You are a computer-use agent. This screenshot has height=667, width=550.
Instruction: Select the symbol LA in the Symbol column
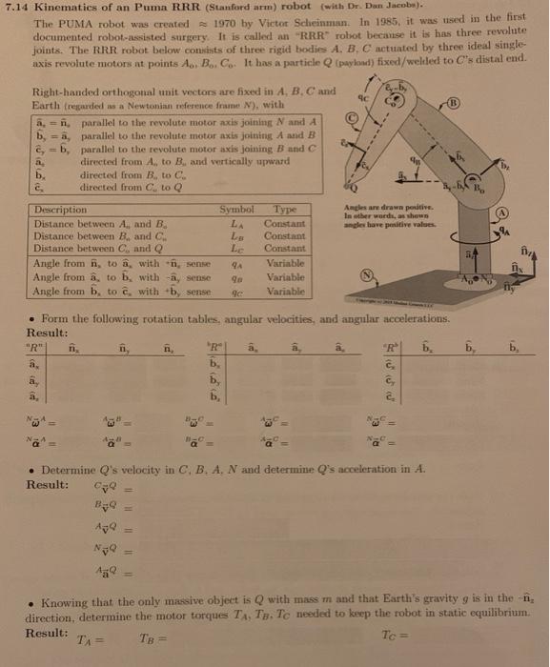[236, 221]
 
